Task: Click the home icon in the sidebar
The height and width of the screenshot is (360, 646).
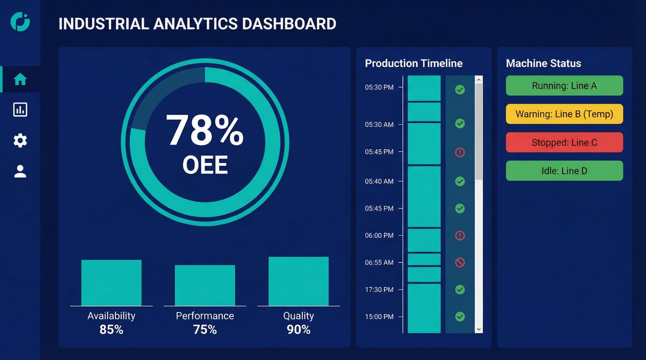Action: click(x=20, y=80)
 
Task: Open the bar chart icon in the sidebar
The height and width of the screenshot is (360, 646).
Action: click(x=20, y=110)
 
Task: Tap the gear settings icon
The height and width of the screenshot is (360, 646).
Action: click(x=20, y=141)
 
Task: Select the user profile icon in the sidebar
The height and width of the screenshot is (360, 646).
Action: click(x=20, y=172)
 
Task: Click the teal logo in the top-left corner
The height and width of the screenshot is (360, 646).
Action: click(x=20, y=22)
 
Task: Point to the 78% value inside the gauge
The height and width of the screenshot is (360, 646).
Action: click(x=205, y=131)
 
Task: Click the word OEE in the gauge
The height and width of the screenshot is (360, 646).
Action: click(x=205, y=165)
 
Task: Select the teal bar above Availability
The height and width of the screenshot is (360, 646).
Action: click(x=111, y=283)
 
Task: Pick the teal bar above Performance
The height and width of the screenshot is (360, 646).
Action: click(x=205, y=285)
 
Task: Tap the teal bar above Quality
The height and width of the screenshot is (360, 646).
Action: click(x=298, y=281)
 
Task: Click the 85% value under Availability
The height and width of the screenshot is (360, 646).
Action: click(x=111, y=329)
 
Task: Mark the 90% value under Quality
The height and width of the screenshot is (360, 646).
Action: click(x=298, y=329)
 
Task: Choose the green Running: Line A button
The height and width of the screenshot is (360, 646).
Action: click(x=564, y=86)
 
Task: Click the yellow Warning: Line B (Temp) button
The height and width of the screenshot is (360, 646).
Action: click(x=564, y=114)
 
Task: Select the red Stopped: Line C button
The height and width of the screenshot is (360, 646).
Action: click(x=564, y=143)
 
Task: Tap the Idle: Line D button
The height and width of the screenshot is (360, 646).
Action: click(x=564, y=171)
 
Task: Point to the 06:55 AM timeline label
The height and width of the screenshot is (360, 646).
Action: click(x=379, y=263)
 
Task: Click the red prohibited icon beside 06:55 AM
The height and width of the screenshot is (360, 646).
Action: click(x=460, y=263)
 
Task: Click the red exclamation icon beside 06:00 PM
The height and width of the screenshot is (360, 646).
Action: click(x=460, y=235)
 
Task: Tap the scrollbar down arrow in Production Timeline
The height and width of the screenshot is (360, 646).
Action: click(x=479, y=328)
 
